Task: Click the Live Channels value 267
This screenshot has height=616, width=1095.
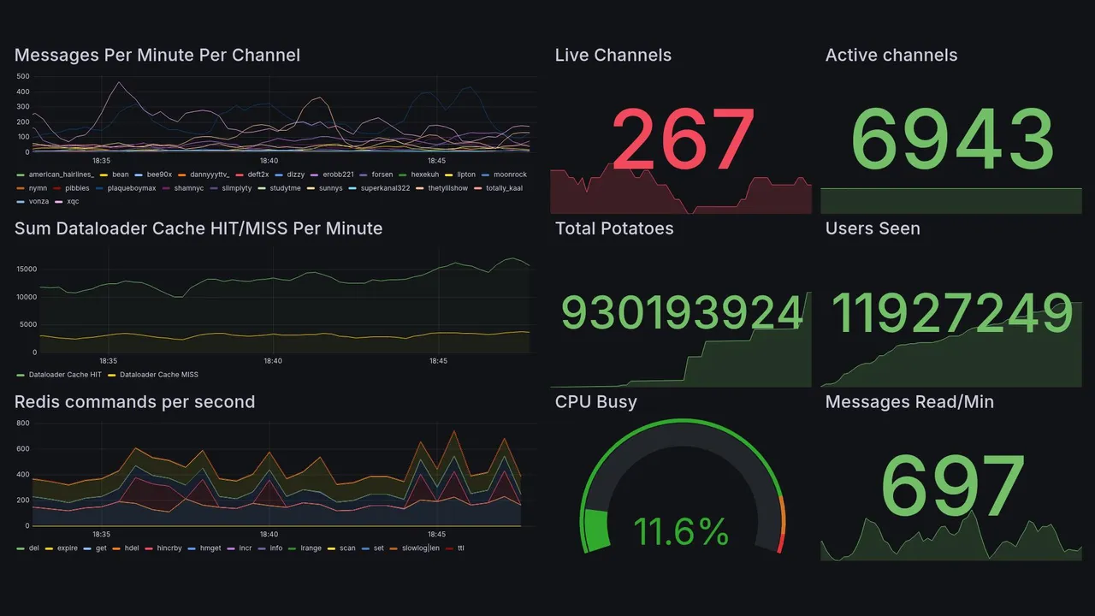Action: point(683,139)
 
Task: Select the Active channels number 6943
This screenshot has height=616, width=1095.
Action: point(953,140)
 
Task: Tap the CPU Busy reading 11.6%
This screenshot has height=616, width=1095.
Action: point(681,531)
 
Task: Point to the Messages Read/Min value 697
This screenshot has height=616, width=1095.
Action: point(952,486)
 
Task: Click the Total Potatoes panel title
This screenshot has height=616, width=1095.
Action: point(614,228)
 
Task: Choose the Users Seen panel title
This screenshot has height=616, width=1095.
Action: point(873,228)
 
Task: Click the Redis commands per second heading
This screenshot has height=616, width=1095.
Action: point(134,402)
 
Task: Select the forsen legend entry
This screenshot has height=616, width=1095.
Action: point(382,175)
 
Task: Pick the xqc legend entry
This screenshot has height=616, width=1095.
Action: point(72,202)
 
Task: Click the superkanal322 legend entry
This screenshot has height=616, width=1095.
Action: point(384,188)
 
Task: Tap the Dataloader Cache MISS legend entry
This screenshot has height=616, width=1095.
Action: point(158,375)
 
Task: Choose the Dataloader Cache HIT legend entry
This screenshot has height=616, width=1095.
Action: point(64,375)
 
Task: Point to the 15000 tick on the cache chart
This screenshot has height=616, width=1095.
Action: point(27,269)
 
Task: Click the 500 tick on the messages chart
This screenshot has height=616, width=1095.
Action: point(23,76)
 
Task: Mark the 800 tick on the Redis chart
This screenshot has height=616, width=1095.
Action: point(23,423)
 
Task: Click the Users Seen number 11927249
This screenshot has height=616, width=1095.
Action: point(951,313)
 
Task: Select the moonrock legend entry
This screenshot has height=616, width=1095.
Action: point(509,175)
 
